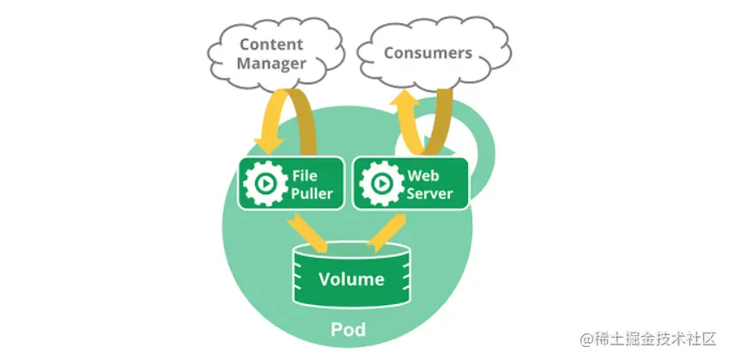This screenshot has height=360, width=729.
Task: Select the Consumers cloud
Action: (435, 53)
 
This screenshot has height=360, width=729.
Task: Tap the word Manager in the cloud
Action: (271, 64)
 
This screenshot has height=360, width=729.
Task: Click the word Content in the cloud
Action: (271, 45)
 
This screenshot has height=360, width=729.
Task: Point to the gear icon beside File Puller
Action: (265, 184)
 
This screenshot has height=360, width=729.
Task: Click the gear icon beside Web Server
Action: (381, 184)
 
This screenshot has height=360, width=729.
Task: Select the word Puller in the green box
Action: (312, 193)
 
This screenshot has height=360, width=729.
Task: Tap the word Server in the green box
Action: (429, 193)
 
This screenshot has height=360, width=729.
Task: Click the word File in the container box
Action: (305, 176)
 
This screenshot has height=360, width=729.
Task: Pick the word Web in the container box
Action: (423, 176)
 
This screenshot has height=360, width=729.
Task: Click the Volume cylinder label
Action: (351, 279)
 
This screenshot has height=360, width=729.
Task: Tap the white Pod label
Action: (349, 329)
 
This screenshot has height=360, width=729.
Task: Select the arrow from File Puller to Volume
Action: (307, 233)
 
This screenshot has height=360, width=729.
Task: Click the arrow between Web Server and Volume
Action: (386, 233)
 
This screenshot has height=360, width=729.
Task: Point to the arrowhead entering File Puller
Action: (268, 145)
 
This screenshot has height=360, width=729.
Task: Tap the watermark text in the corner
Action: (648, 339)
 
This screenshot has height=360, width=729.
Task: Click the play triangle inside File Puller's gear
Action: (266, 184)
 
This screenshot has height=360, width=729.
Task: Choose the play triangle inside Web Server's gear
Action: (382, 184)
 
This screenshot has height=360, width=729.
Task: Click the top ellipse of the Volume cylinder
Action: (351, 251)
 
